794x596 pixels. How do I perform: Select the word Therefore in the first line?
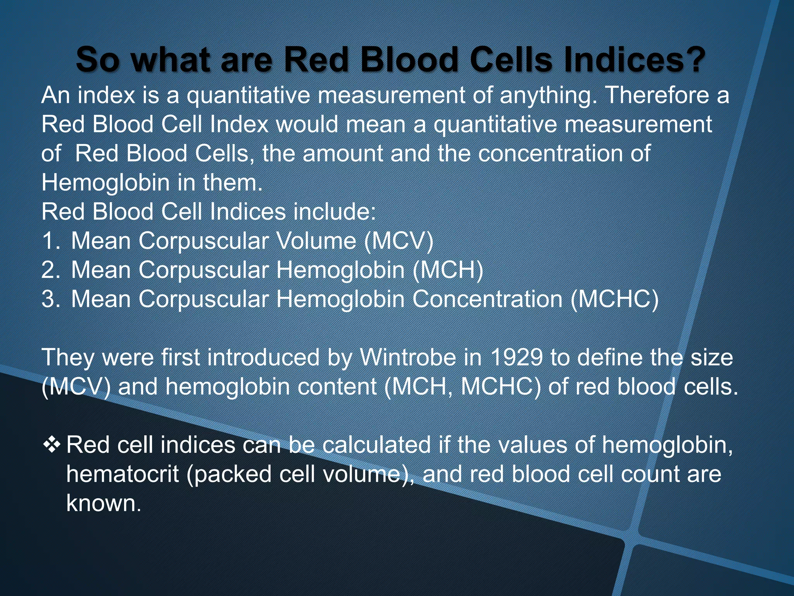coord(657,95)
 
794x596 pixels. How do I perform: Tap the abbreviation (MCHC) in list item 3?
coord(614,300)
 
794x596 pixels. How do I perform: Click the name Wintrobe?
coord(408,357)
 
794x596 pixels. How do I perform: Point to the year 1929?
coord(516,357)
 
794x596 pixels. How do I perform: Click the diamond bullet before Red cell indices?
coord(52,444)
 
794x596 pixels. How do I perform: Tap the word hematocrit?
coord(123,474)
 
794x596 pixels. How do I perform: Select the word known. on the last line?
coord(104,503)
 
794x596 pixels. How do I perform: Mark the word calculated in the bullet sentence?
coord(376,445)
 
